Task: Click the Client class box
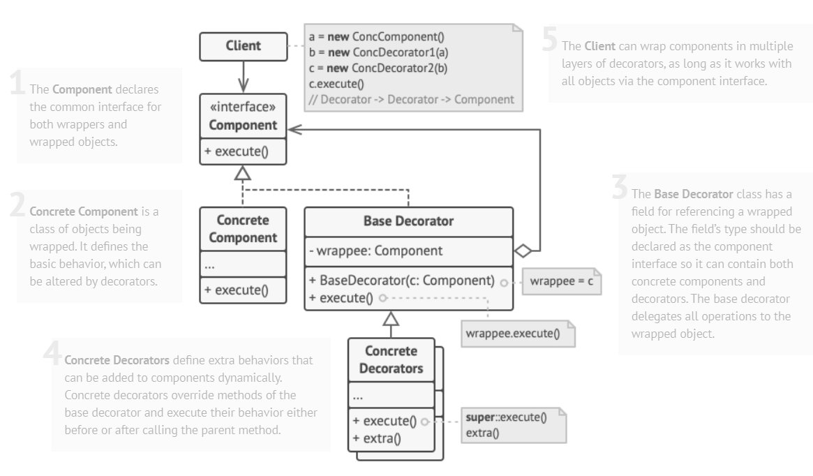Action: pyautogui.click(x=243, y=46)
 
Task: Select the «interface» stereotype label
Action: pyautogui.click(x=243, y=108)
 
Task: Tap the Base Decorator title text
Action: pyautogui.click(x=408, y=221)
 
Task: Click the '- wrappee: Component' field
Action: pyautogui.click(x=375, y=251)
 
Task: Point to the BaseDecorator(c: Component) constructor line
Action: pyautogui.click(x=402, y=281)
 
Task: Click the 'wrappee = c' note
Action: pyautogui.click(x=560, y=282)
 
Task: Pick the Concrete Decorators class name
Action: pyautogui.click(x=391, y=359)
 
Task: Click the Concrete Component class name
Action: pyautogui.click(x=243, y=228)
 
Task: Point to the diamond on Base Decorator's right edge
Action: pyautogui.click(x=523, y=249)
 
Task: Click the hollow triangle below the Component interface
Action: pyautogui.click(x=242, y=173)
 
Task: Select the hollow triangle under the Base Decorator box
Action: pyautogui.click(x=391, y=320)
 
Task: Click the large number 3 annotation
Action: pyautogui.click(x=619, y=187)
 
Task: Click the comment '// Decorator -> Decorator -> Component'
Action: pyautogui.click(x=412, y=99)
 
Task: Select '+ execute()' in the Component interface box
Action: pyautogui.click(x=236, y=150)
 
